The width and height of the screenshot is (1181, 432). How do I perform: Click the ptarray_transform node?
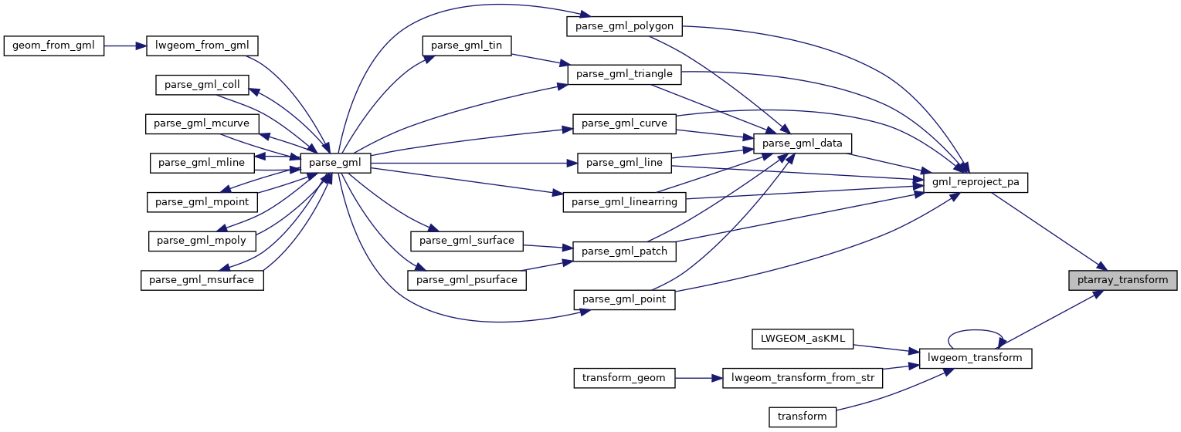(1122, 280)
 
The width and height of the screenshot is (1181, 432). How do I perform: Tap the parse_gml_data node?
(803, 143)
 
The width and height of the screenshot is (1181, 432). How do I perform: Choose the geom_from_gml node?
(53, 46)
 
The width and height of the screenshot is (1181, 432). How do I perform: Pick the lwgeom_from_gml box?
(202, 46)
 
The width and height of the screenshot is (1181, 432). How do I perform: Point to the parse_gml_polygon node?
(625, 25)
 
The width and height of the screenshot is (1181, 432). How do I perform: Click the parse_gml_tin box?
(467, 46)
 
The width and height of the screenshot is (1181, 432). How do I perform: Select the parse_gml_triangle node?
(625, 74)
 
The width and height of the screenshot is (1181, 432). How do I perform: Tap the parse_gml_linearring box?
(625, 202)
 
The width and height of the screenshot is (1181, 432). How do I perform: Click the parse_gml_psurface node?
(467, 280)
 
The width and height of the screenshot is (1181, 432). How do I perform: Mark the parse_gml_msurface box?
(202, 280)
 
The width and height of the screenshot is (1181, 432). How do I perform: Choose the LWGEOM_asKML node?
(803, 339)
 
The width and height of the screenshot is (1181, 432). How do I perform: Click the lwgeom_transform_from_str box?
(803, 378)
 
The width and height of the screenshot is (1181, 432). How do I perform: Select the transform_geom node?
(625, 378)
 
